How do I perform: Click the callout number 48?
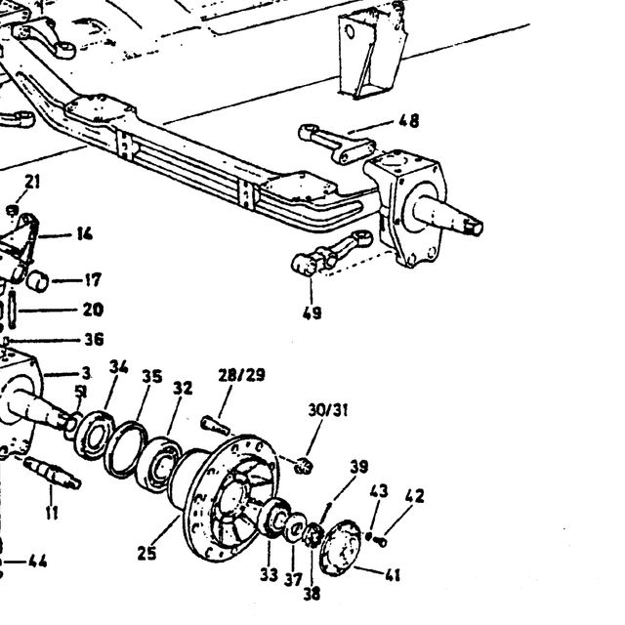click(x=409, y=121)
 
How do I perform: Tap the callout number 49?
click(x=312, y=312)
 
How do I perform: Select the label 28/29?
click(x=241, y=375)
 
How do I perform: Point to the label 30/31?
click(x=328, y=410)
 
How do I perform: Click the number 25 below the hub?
click(x=146, y=554)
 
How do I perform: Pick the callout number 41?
click(x=393, y=575)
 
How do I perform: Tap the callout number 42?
click(x=414, y=496)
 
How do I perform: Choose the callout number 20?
click(x=94, y=310)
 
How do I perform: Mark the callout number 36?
click(x=94, y=340)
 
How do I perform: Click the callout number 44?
click(x=38, y=562)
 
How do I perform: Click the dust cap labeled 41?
click(x=340, y=547)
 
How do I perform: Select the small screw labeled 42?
click(x=381, y=541)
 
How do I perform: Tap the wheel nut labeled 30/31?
click(x=304, y=465)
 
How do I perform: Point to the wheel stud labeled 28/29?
click(x=216, y=426)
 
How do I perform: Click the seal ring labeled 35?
click(x=126, y=449)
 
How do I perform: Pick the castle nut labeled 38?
click(x=312, y=534)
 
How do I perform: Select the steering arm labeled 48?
click(x=337, y=144)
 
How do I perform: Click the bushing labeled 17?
click(x=37, y=281)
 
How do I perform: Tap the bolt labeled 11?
click(x=52, y=473)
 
